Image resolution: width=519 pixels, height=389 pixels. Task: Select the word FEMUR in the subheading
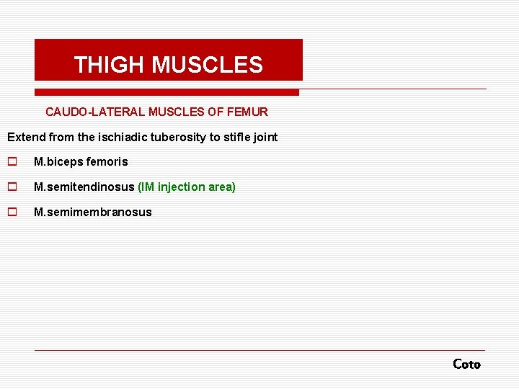coord(248,112)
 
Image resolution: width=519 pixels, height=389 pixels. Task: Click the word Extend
coord(25,137)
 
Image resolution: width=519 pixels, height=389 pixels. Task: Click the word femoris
coord(106,162)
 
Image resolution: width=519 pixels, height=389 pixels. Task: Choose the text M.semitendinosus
coord(84,187)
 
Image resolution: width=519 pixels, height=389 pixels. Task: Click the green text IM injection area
coord(187,187)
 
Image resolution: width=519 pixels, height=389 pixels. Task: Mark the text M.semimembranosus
coord(93,213)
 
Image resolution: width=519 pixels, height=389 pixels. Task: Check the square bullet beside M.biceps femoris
coord(12,162)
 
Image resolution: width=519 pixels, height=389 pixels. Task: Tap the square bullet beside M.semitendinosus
coord(12,187)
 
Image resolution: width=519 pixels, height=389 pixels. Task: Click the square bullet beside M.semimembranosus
coord(12,213)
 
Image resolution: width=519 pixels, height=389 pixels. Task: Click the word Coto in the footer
coord(466,365)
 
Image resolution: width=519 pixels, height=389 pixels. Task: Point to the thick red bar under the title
coord(167,92)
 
